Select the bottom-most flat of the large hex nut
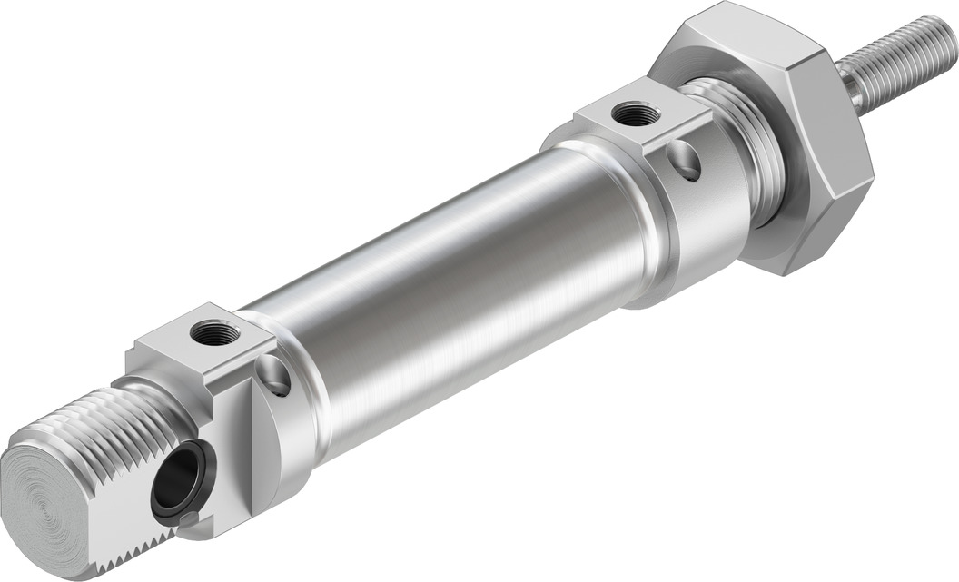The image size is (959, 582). point(799,259)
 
